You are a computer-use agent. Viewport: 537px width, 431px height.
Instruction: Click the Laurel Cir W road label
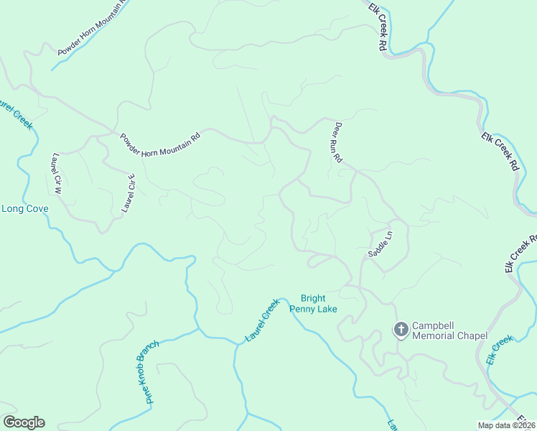(57, 175)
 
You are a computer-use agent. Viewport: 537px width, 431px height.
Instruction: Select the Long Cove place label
(25, 209)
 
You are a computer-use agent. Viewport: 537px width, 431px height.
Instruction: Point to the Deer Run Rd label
(336, 142)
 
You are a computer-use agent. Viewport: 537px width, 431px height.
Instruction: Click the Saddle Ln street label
(380, 244)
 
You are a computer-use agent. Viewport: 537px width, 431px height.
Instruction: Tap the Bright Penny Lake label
(313, 303)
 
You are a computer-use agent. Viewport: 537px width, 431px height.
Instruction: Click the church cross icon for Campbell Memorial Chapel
(401, 330)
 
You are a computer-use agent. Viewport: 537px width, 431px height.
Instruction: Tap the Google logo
(24, 422)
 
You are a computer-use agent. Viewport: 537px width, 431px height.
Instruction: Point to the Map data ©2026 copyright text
(507, 425)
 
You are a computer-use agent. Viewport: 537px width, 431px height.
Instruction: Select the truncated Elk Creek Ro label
(520, 253)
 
